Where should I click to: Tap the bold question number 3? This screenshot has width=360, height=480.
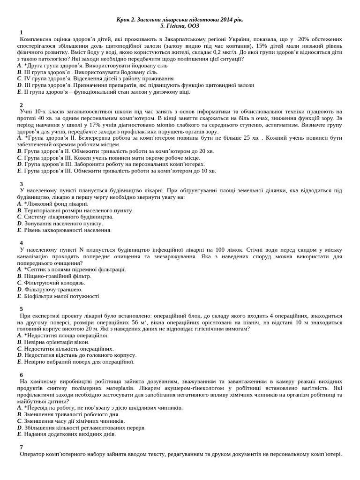pyautogui.click(x=21, y=184)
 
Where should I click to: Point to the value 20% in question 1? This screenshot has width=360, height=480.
pyautogui.click(x=304, y=39)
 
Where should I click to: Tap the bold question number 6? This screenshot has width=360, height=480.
pyautogui.click(x=21, y=375)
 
